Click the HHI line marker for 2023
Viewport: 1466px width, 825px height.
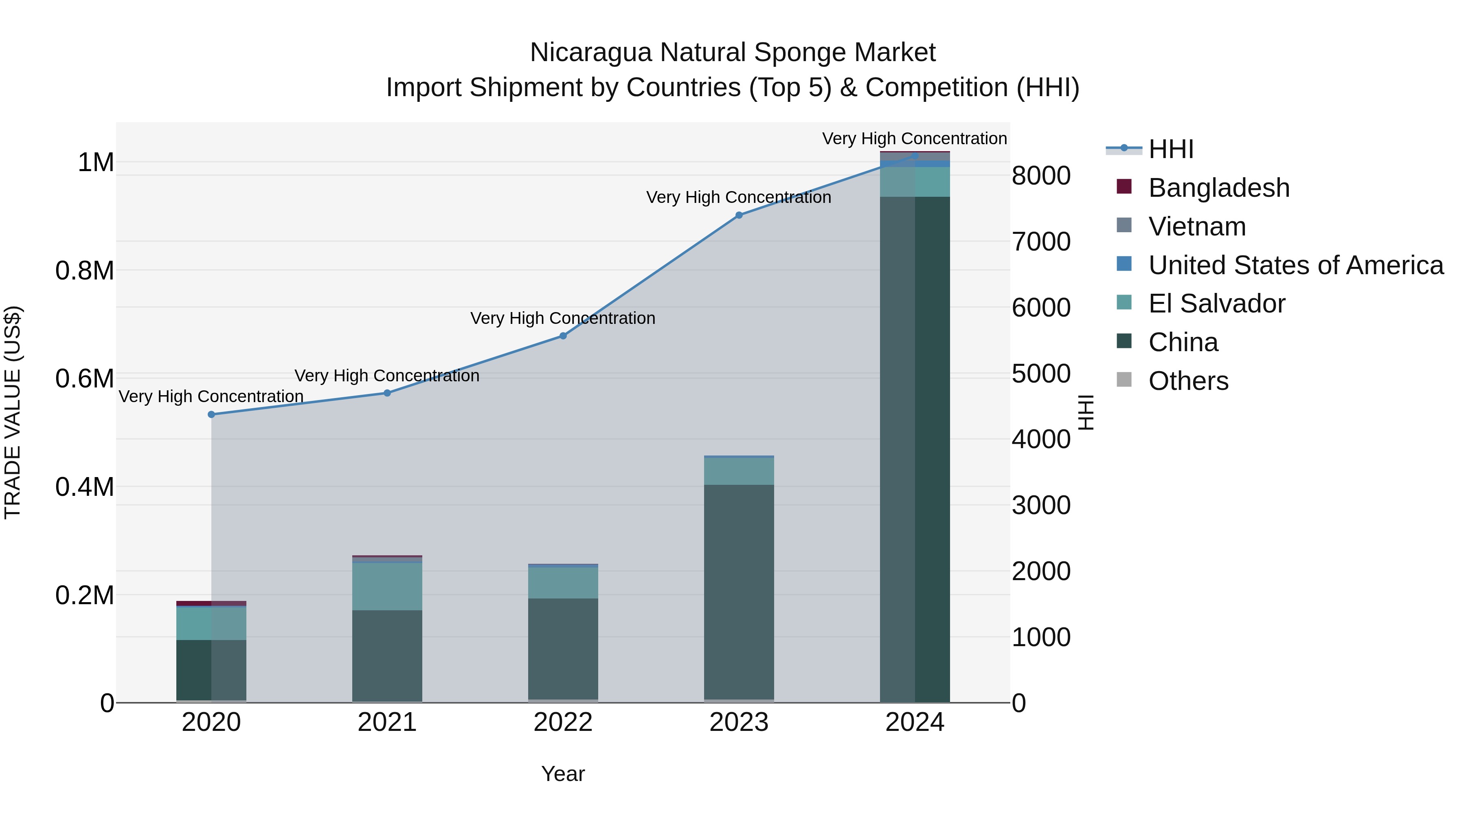pyautogui.click(x=739, y=215)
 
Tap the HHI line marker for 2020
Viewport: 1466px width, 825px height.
pyautogui.click(x=211, y=414)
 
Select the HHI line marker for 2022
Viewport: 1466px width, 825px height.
pyautogui.click(x=563, y=336)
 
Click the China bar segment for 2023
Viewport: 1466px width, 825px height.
pyautogui.click(x=739, y=592)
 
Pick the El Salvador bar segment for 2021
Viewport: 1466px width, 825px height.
pyautogui.click(x=387, y=586)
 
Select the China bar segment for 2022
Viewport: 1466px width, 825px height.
pyautogui.click(x=563, y=649)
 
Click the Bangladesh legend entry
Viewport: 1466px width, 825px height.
pyautogui.click(x=1218, y=188)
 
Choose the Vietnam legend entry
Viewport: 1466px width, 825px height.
pyautogui.click(x=1196, y=227)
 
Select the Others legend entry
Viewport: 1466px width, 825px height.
pyautogui.click(x=1188, y=381)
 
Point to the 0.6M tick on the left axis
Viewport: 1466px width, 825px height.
pyautogui.click(x=85, y=378)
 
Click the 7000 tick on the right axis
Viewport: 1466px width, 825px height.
pyautogui.click(x=1041, y=242)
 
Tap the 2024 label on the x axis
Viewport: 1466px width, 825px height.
pyautogui.click(x=915, y=722)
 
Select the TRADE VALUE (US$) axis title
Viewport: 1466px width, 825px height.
pyautogui.click(x=13, y=412)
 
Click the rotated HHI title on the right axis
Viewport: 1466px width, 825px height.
pyautogui.click(x=1086, y=412)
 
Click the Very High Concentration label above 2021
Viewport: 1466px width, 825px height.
pyautogui.click(x=387, y=376)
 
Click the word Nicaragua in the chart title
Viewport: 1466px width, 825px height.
pyautogui.click(x=590, y=53)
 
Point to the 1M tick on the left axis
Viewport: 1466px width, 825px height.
pyautogui.click(x=96, y=163)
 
